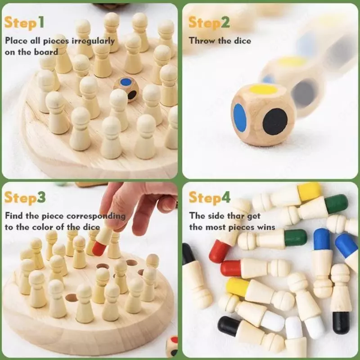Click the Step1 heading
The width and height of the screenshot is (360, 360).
tap(24, 23)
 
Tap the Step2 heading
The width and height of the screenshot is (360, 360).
tap(209, 23)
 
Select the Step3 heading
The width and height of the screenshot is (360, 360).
tap(25, 198)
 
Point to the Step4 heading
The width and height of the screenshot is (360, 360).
tap(209, 198)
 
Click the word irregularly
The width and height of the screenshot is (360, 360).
tap(93, 41)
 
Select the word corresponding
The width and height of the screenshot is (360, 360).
tap(96, 216)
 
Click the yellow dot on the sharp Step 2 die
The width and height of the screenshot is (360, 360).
tap(263, 89)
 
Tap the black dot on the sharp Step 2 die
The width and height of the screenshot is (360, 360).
tap(275, 121)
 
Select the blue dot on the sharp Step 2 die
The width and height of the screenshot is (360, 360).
tap(240, 118)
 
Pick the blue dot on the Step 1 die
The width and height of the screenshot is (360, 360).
tap(126, 82)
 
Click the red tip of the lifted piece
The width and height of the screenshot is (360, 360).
tap(99, 249)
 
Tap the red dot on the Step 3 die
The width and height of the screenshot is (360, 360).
tap(175, 340)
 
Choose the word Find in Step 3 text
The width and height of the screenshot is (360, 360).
tap(14, 216)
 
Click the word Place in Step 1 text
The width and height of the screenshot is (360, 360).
tap(16, 40)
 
